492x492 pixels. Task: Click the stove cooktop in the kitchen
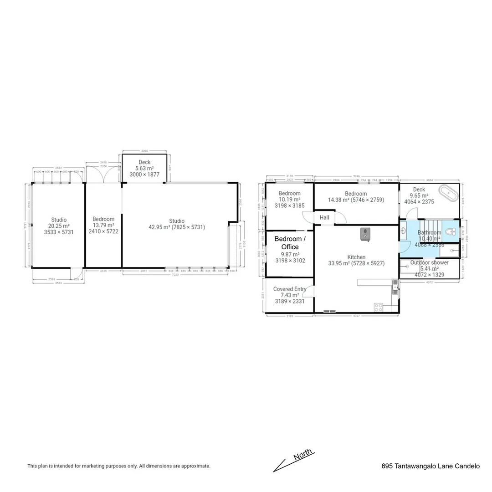pos(378,307)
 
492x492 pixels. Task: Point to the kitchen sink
pos(395,284)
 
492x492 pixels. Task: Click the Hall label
pos(324,218)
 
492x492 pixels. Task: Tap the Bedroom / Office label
pos(290,243)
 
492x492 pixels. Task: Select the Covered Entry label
pos(290,289)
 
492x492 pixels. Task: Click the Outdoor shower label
pos(429,263)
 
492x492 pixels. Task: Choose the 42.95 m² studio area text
pos(177,227)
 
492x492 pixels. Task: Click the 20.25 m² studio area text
pos(59,226)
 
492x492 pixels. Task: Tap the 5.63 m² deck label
pos(144,168)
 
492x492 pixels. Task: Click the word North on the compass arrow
pos(302,455)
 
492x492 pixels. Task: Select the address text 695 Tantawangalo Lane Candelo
pos(430,466)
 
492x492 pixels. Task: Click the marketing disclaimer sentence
pos(119,466)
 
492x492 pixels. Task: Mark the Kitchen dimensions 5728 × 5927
pos(356,263)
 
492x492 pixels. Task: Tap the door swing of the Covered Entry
pos(309,291)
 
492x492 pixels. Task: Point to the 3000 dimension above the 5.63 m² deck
pos(144,151)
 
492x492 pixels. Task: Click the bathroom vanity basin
pos(403,231)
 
